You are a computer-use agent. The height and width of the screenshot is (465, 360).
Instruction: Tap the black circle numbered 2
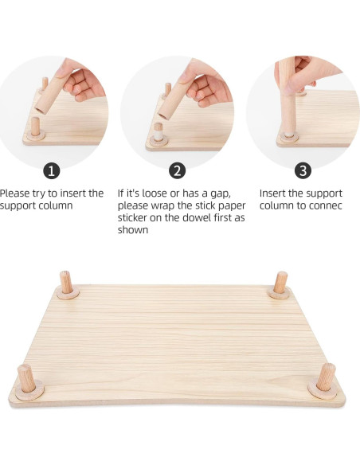[x=178, y=170]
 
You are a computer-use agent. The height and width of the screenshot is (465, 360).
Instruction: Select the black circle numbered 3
[x=303, y=170]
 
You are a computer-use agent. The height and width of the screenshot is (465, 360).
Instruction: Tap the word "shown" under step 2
[x=133, y=230]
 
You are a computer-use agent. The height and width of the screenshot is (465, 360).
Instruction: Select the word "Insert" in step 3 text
[x=275, y=193]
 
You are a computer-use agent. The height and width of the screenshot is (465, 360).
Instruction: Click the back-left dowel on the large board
[x=66, y=283]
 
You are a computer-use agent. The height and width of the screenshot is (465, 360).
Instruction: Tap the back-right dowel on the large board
[x=280, y=283]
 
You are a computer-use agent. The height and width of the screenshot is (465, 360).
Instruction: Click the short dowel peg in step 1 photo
[x=37, y=127]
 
